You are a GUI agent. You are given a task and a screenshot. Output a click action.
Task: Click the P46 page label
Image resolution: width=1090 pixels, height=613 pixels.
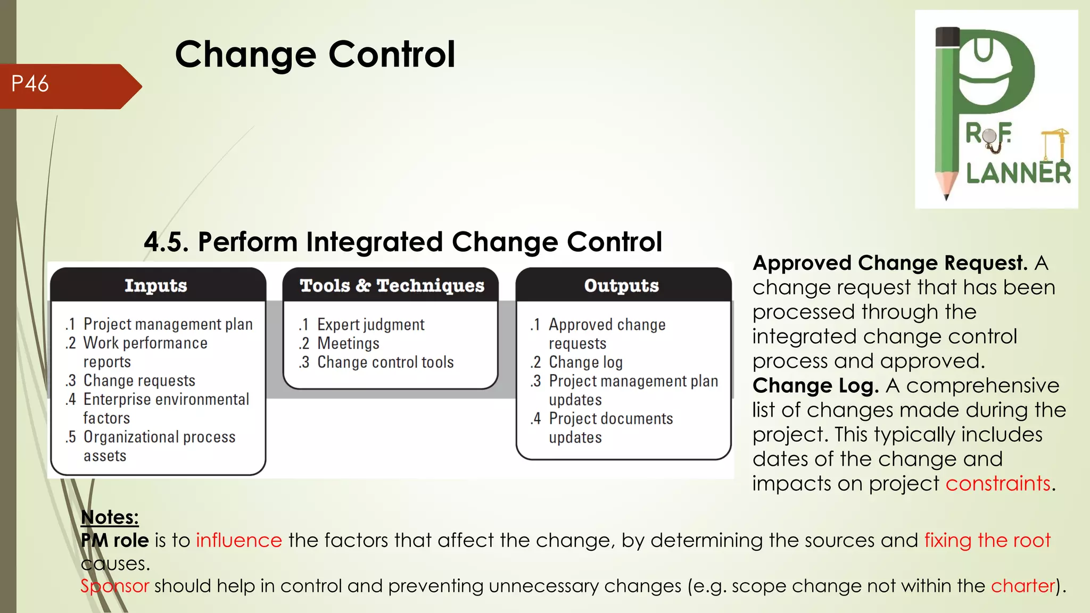[30, 84]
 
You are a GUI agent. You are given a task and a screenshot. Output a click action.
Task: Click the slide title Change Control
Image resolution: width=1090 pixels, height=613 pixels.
[315, 54]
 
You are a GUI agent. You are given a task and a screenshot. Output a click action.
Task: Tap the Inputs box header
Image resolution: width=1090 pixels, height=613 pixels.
[156, 286]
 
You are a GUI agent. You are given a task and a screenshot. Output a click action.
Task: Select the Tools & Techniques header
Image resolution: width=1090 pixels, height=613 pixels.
[392, 286]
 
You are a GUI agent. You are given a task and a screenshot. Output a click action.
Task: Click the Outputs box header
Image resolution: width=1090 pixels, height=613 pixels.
[621, 286]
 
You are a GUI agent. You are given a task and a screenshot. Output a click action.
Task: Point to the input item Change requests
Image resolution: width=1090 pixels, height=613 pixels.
[139, 380]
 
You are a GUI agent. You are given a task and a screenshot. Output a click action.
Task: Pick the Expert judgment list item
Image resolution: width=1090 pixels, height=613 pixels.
[370, 325]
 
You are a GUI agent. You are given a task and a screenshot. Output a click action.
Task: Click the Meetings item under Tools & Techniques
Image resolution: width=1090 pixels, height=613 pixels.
[348, 343]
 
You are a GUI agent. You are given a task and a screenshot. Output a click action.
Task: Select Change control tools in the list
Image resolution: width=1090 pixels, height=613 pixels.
[385, 362]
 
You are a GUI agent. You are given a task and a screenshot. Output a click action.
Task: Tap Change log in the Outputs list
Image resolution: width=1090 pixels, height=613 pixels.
[585, 362]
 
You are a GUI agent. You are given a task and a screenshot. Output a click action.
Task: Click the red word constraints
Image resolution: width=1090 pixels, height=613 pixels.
[998, 483]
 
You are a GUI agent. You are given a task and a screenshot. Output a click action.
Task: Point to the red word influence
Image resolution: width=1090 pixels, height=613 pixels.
[239, 540]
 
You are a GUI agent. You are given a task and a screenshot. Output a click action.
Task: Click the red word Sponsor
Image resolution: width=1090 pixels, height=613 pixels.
[114, 586]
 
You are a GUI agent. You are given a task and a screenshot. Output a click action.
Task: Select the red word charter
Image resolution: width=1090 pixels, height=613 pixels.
[1022, 586]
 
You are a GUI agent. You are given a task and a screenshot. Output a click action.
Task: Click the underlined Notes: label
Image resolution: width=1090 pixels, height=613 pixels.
[110, 517]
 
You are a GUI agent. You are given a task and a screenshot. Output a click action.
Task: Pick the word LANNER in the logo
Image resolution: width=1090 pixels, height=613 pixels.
[1018, 173]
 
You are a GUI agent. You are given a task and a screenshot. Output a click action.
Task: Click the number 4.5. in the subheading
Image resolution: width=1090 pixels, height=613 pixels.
[166, 242]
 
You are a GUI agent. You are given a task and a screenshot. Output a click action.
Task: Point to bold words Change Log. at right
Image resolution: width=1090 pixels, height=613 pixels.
[815, 385]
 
